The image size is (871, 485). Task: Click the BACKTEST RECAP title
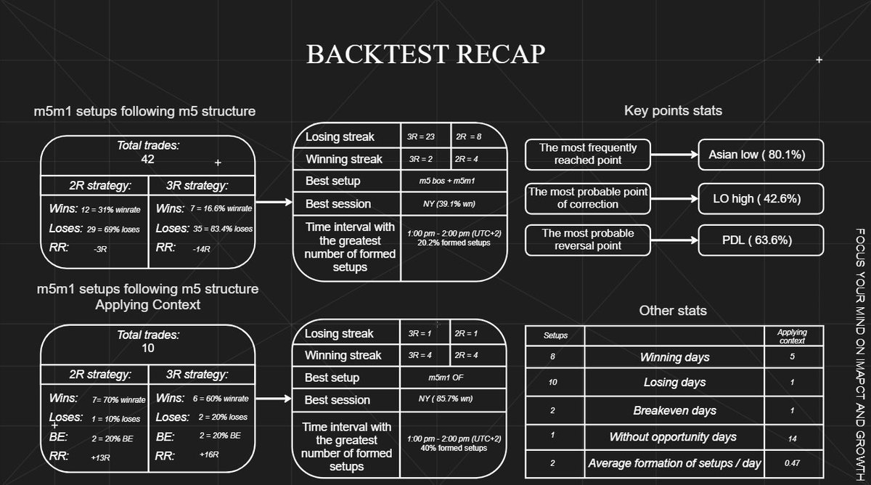(426, 54)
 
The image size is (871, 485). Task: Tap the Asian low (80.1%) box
(761, 155)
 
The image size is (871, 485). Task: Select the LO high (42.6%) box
(761, 199)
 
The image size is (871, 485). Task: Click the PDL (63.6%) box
(761, 240)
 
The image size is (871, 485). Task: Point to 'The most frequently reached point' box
(587, 155)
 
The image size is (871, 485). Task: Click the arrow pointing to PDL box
(674, 240)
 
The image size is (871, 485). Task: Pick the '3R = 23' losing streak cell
(421, 137)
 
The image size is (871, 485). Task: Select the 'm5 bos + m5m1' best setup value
(447, 181)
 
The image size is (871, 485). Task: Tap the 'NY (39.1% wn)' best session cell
(449, 204)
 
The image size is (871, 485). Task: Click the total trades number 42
(148, 159)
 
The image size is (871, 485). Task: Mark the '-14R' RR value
(202, 249)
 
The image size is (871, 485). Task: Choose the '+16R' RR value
(209, 455)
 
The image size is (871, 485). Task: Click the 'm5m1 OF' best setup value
(446, 378)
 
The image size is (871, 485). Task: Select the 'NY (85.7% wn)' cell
(446, 399)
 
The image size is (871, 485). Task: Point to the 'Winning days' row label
(674, 357)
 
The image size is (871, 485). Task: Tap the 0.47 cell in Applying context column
(792, 463)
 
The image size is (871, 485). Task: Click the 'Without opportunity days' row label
(673, 437)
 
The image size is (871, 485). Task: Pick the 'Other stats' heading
(673, 311)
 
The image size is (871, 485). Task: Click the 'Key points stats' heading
(673, 111)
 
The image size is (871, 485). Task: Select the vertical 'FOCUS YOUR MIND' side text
(860, 354)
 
